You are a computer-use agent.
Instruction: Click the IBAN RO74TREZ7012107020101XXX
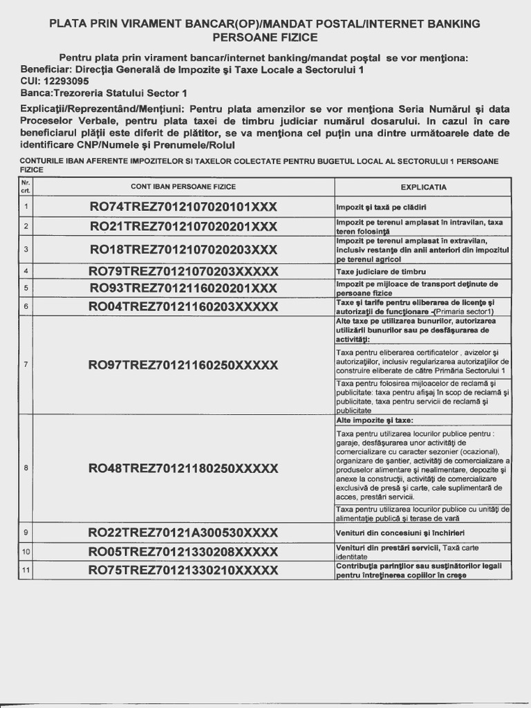click(x=183, y=207)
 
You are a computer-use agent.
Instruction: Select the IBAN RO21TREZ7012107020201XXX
click(x=183, y=227)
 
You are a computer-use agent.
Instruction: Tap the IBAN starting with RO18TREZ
click(x=183, y=249)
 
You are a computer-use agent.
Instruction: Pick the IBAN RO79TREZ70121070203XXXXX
click(x=183, y=271)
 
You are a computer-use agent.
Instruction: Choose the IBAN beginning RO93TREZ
click(x=183, y=288)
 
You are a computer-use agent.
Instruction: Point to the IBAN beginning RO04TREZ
click(x=183, y=306)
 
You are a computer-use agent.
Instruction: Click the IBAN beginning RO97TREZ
click(x=183, y=365)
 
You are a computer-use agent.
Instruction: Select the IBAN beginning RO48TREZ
click(x=183, y=468)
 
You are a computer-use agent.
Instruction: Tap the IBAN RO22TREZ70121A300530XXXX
click(x=183, y=532)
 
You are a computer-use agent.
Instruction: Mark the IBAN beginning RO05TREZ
click(x=183, y=552)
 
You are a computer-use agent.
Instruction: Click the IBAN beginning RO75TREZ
click(x=183, y=570)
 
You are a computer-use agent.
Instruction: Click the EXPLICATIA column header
click(x=423, y=187)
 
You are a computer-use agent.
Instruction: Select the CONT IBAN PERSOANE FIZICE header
click(x=183, y=187)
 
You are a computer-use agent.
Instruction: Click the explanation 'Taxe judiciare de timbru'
click(x=381, y=271)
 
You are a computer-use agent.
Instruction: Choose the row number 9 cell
click(x=26, y=532)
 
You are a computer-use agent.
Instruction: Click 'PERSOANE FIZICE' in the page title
click(x=265, y=37)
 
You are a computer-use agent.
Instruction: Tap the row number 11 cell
click(x=26, y=570)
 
